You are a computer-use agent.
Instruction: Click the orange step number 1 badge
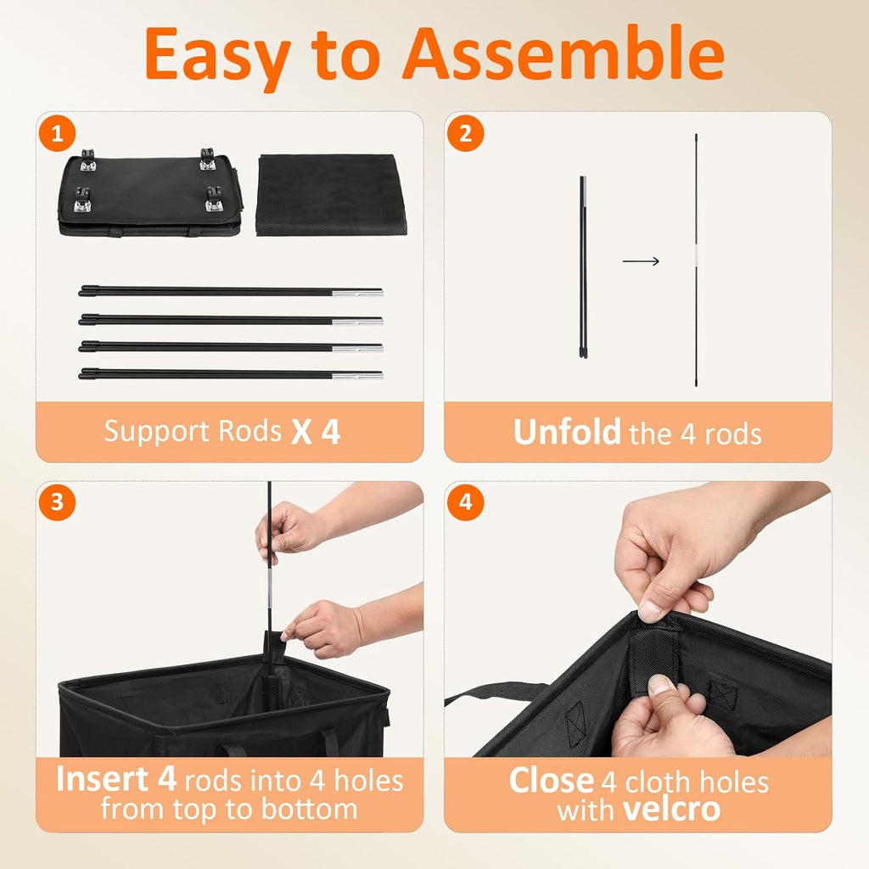point(57,133)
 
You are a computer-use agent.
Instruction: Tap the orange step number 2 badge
point(466,133)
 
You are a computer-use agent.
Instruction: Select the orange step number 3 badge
point(57,502)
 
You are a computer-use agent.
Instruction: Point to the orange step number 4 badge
point(466,502)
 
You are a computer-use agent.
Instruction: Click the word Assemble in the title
point(563,53)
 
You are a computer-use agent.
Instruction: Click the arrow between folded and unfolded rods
point(641,261)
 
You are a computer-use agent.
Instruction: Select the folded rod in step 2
point(583,267)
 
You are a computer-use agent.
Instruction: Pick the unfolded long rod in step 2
point(696,260)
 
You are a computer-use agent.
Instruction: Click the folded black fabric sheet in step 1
point(331,194)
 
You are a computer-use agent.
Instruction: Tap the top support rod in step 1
point(231,291)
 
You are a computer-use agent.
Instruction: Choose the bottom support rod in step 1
point(231,374)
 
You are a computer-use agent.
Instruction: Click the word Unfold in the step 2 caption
point(566,432)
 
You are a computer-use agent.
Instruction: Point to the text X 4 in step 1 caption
point(316,432)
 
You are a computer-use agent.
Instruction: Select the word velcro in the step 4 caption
point(671,809)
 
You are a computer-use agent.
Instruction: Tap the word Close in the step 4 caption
point(552,781)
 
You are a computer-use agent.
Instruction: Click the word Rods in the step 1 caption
point(250,431)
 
